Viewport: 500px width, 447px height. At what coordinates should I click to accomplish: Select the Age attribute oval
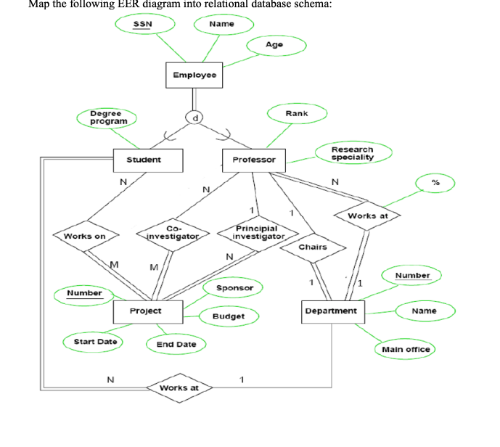point(274,45)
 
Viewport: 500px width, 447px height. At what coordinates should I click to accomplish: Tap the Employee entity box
point(194,75)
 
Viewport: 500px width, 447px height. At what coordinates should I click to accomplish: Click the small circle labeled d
point(194,116)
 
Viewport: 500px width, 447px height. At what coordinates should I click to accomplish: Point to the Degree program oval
point(108,118)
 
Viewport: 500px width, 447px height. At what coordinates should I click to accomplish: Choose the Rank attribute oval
point(296,113)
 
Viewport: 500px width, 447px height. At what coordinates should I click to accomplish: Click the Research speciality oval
point(352,153)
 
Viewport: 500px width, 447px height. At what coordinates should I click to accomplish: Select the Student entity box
point(144,160)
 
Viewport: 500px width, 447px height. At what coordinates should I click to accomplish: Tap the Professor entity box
point(254,160)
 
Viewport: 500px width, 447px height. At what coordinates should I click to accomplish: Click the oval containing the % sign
point(435,182)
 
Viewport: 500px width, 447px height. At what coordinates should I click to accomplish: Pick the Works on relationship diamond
point(85,236)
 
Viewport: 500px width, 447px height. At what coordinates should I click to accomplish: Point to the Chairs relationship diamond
point(313,247)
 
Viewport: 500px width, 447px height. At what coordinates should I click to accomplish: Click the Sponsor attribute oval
point(235,288)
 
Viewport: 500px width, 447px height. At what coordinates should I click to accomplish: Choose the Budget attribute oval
point(228,316)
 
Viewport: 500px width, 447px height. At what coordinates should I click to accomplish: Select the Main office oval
point(406,349)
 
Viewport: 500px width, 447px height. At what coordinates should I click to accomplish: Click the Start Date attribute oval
point(93,341)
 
